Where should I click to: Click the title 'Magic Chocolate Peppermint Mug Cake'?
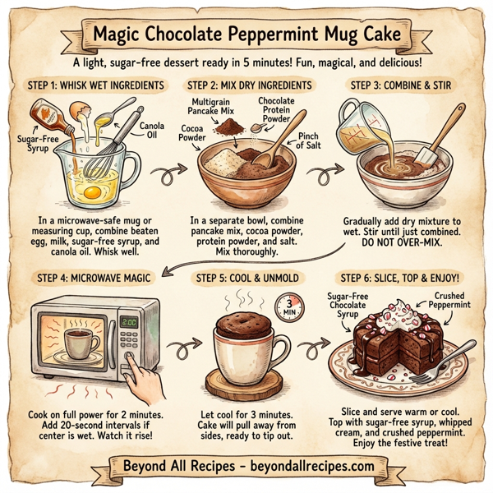(246, 36)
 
